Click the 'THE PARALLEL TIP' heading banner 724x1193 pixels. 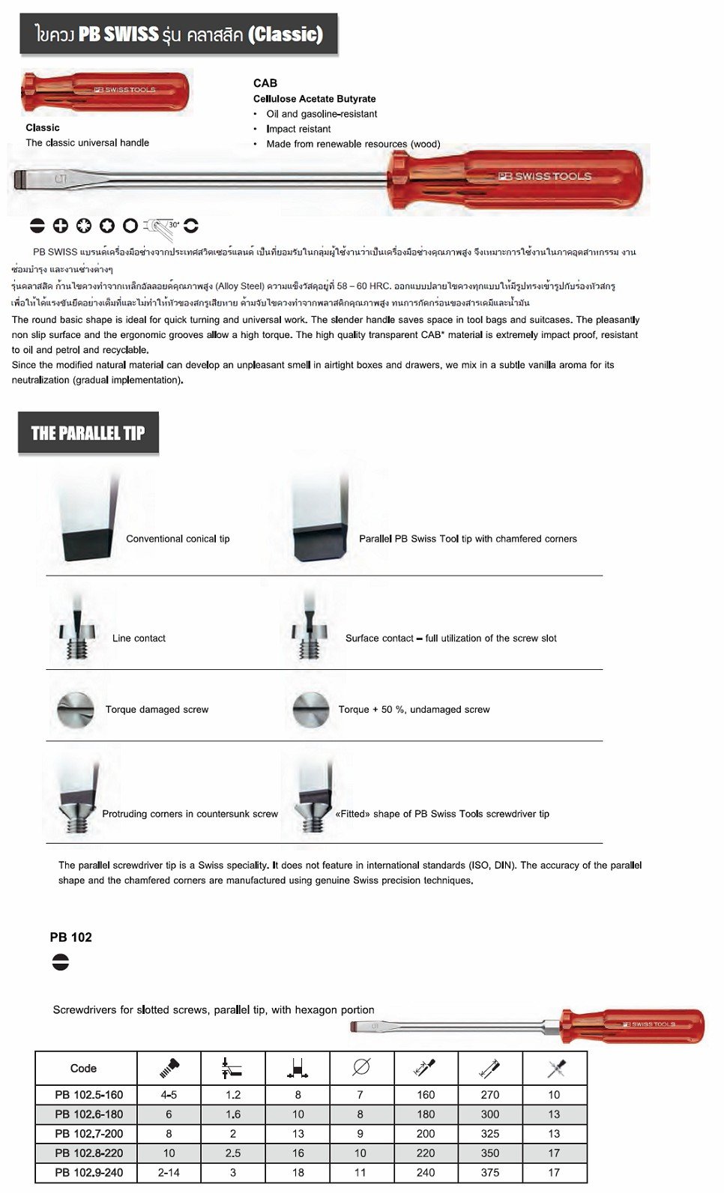(88, 433)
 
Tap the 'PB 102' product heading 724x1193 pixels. (70, 937)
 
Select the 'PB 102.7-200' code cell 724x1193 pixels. (88, 1134)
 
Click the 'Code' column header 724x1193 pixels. (83, 1068)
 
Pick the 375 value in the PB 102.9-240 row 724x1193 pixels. (490, 1173)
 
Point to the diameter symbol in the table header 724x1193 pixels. (361, 1067)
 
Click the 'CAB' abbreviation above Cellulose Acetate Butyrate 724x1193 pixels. (265, 83)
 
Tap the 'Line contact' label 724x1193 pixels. (139, 638)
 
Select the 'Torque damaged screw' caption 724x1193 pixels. (157, 710)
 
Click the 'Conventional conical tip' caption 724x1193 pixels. (178, 539)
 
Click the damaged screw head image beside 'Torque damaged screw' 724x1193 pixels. (76, 709)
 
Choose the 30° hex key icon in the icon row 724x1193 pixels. (160, 226)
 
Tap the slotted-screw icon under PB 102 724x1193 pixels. (61, 961)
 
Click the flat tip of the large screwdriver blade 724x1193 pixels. (21, 180)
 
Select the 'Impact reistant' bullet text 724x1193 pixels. (298, 129)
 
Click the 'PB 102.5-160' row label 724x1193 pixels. (88, 1095)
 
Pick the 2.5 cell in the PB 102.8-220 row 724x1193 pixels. (233, 1153)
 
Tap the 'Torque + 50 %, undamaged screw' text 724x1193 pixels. (414, 710)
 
